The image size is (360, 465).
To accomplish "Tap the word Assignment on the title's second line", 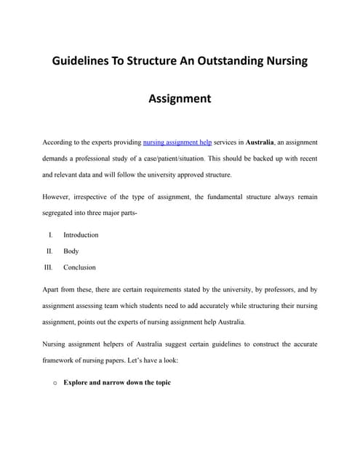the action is coord(180,98).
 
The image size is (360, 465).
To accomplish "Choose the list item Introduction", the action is coord(81,235).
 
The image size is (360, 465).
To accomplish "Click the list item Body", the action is coord(71,251).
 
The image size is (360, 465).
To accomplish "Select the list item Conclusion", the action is coord(79,267).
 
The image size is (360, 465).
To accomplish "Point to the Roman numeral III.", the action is coord(49,267).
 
